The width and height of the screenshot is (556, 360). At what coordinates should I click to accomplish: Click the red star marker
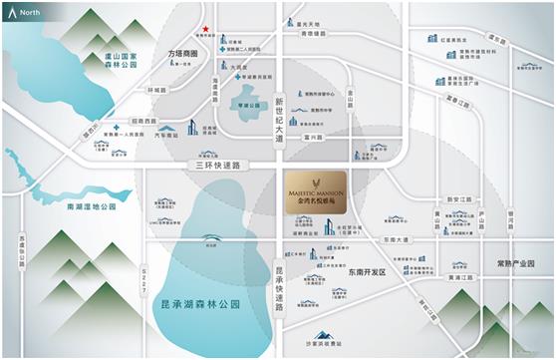pyautogui.click(x=205, y=30)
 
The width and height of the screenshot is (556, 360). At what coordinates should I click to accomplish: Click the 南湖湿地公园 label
pyautogui.click(x=92, y=206)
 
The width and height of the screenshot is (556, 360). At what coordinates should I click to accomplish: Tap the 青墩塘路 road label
pyautogui.click(x=313, y=33)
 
